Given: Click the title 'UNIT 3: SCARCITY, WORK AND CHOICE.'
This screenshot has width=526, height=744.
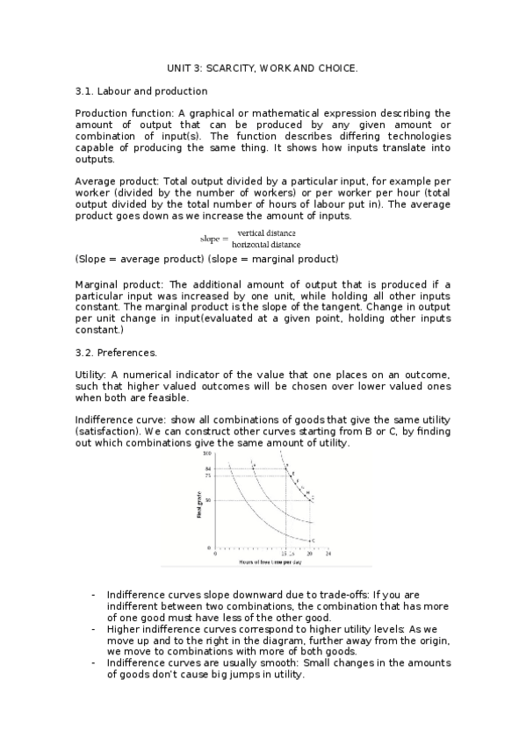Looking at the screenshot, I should coord(263,68).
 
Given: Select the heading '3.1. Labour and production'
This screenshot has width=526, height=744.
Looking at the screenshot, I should coord(141,90).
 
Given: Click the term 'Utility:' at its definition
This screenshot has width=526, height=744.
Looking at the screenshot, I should coord(91,376).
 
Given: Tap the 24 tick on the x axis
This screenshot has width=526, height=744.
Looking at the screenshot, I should coord(328,553).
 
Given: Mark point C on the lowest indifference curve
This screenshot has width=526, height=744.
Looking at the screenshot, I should coord(313,540).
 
